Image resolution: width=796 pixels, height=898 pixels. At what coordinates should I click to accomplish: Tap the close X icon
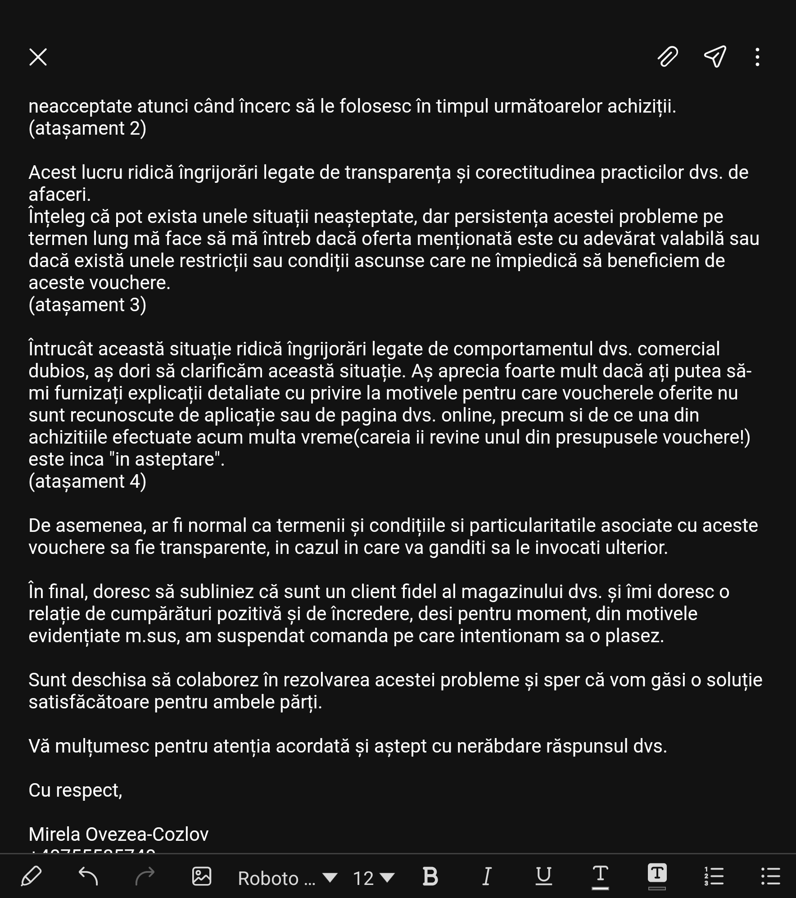tap(38, 57)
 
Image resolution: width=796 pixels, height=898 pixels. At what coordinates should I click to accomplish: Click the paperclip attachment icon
tap(667, 57)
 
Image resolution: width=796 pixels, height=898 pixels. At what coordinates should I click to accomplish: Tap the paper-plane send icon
tap(715, 57)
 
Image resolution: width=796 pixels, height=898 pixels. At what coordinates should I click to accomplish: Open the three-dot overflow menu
tap(758, 57)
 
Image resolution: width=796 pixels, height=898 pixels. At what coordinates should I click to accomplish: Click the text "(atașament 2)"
tap(87, 128)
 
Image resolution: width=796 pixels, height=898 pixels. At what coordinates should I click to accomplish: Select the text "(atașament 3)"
tap(87, 305)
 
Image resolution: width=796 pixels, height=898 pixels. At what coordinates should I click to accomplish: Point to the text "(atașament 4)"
tap(87, 481)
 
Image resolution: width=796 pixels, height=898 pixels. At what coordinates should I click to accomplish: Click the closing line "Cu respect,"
tap(75, 790)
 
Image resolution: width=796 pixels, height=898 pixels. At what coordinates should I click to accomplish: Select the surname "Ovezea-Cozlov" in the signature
tap(147, 835)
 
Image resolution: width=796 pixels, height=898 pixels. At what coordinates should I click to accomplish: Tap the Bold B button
tap(430, 876)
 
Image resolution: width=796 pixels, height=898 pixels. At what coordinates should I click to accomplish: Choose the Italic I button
tap(487, 876)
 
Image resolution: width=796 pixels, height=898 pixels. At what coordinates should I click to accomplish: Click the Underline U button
tap(543, 876)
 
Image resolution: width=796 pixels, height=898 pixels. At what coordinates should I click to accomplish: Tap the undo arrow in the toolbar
tap(88, 876)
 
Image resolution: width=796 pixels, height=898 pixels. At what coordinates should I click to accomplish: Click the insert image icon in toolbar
tap(202, 876)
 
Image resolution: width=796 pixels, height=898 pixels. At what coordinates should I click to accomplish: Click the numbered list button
tap(714, 876)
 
